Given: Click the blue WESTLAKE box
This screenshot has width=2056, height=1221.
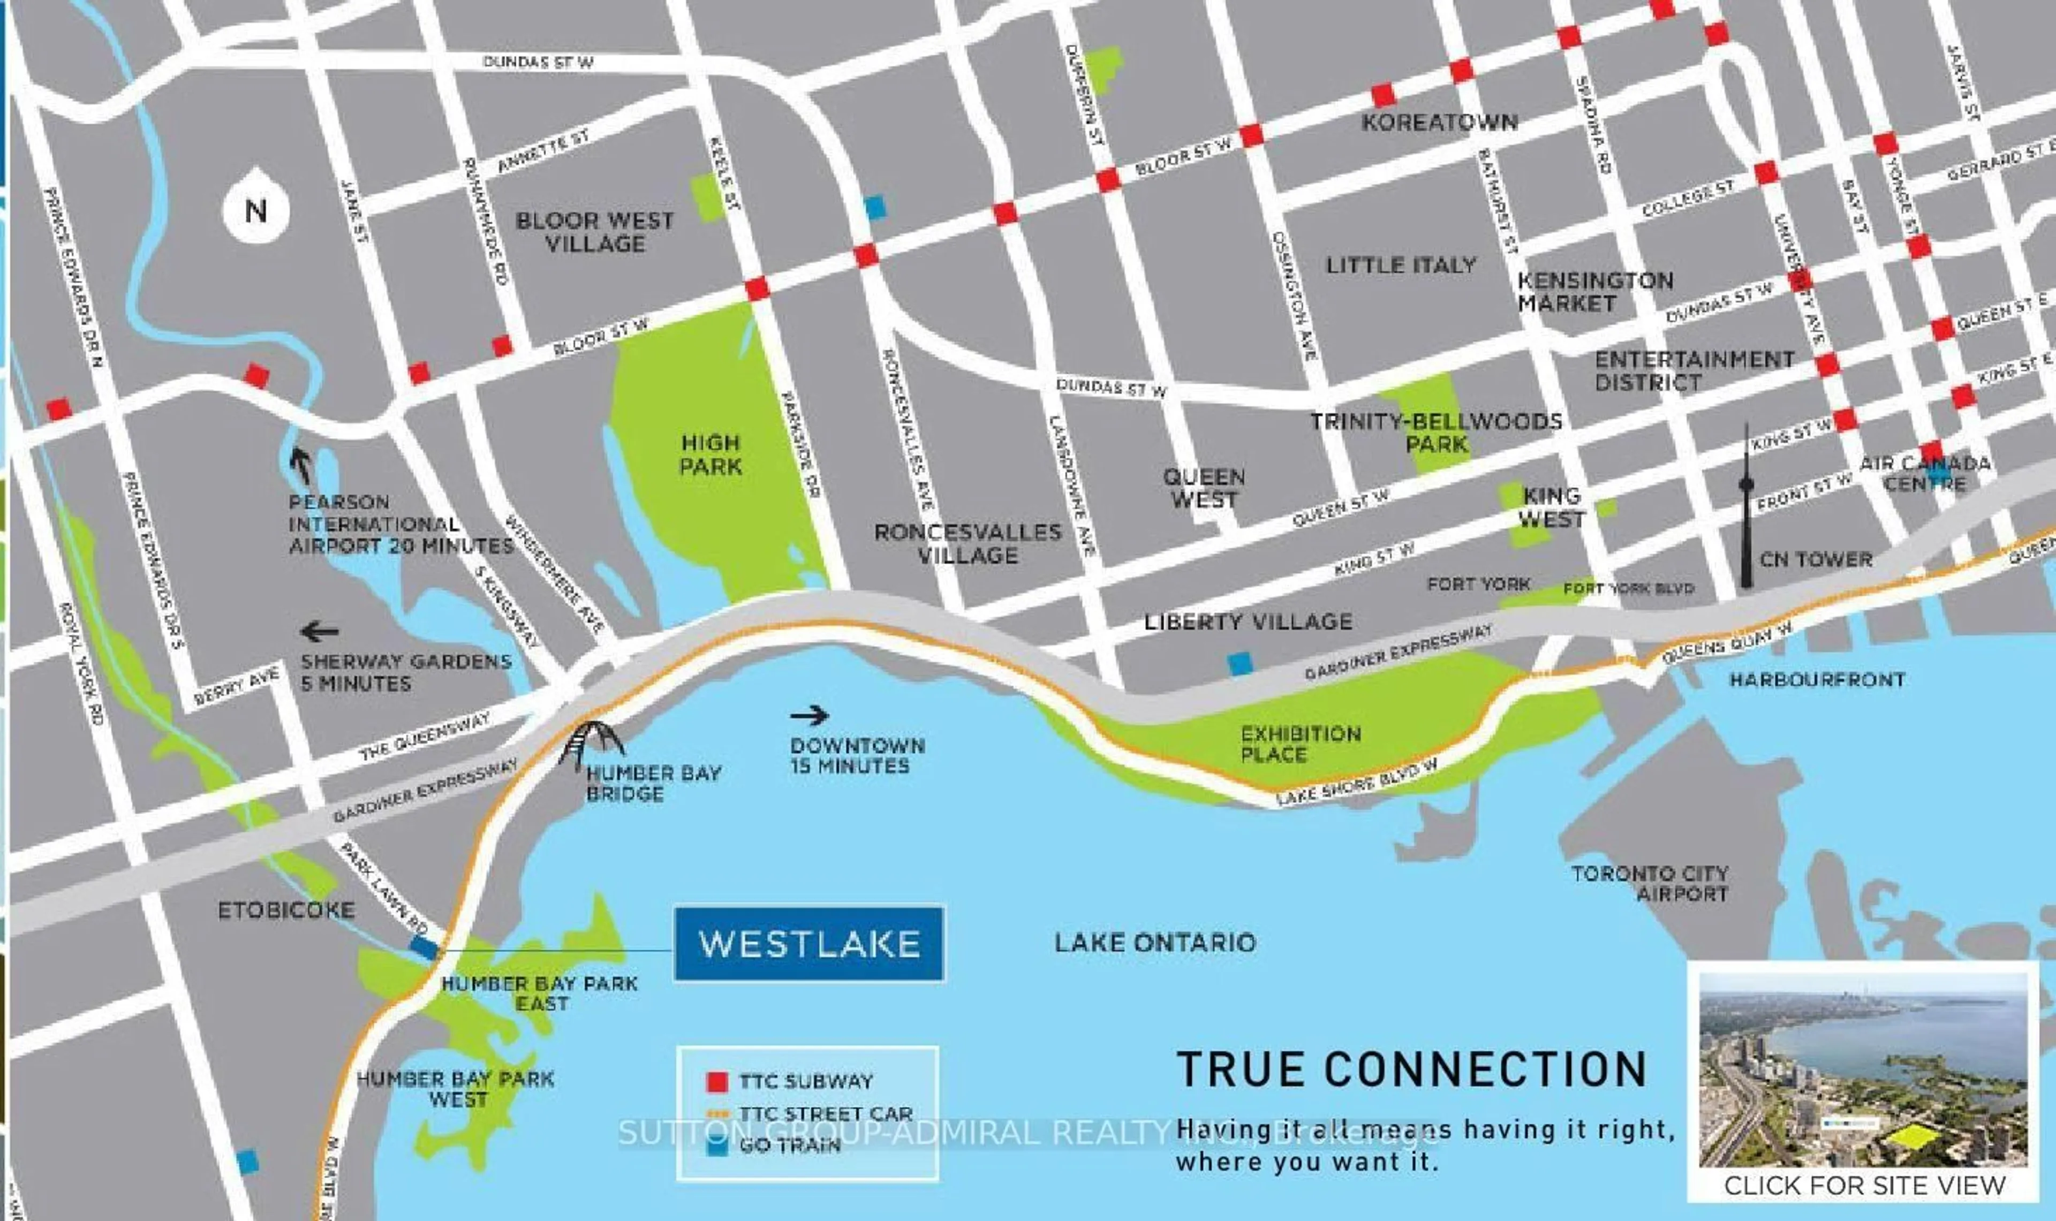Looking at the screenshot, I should pos(808,944).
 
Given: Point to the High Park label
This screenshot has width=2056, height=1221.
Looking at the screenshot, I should pos(711,455).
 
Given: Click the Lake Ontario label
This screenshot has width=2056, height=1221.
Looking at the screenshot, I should pos(1154,943).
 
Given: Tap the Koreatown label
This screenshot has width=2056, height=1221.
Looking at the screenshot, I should pos(1439,123).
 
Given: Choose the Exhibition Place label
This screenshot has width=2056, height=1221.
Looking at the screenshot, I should pos(1300,744).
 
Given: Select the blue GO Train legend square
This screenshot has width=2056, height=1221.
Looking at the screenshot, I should pos(717,1146).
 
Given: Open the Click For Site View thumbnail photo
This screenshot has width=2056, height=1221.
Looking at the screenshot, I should pos(1863,1070).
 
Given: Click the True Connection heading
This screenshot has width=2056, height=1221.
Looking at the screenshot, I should pos(1412,1070).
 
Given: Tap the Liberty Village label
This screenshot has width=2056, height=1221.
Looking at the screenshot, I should pos(1248,622).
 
